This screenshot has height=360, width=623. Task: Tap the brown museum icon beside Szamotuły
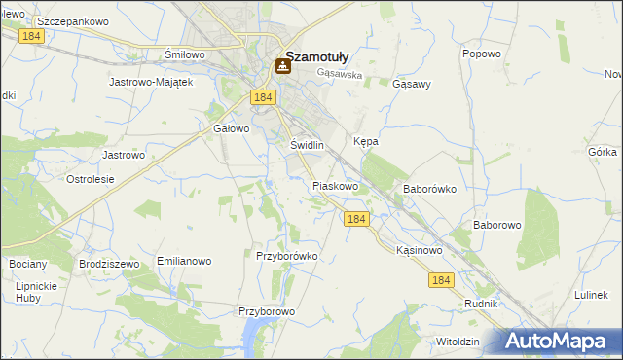(282, 66)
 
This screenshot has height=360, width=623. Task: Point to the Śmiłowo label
(185, 54)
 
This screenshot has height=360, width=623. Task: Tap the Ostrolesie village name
(90, 179)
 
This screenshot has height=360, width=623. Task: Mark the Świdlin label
(307, 145)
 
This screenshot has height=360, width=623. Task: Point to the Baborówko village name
(429, 189)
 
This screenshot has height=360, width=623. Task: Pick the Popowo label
(481, 54)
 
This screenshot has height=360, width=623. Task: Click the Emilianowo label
(184, 262)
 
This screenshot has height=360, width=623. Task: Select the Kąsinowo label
(420, 250)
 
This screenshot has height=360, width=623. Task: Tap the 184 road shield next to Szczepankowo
(31, 34)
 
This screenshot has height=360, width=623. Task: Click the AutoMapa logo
(558, 342)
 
